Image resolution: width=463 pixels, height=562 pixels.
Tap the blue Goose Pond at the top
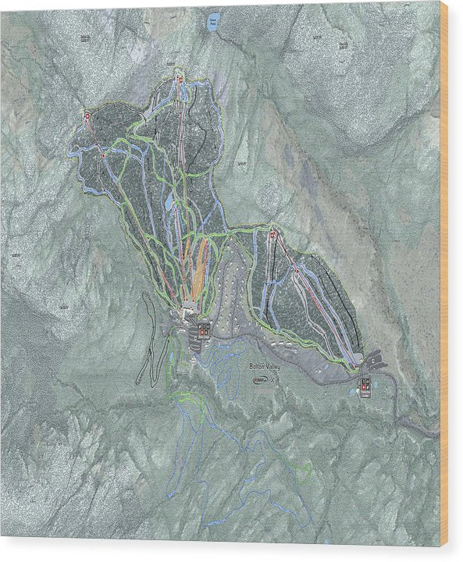click(x=212, y=24)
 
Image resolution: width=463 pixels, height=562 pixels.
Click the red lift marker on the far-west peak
click(x=87, y=117)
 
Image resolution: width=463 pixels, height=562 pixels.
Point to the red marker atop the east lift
click(x=272, y=235)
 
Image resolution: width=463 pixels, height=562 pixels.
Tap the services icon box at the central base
click(x=203, y=331)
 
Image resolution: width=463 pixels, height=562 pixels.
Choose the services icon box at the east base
click(x=365, y=383)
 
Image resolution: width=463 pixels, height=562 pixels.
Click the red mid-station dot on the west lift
click(x=103, y=155)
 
